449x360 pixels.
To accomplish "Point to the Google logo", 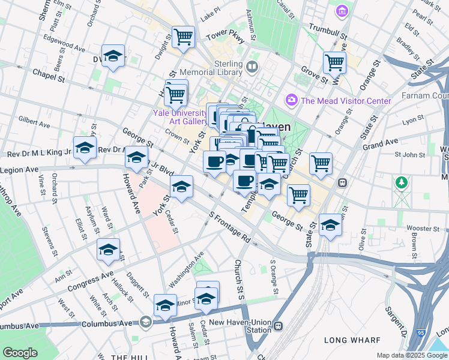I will point(19,353).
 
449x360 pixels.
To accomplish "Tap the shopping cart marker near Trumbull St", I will point(334,62).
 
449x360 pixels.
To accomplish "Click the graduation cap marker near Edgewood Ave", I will point(113,56).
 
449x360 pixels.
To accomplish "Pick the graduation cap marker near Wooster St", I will point(330,225).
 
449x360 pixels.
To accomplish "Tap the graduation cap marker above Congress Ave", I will point(108,250).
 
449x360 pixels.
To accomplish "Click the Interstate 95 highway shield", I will point(420,331).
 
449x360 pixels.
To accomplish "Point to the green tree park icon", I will point(400,182).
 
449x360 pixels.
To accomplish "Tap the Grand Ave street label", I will point(381,144).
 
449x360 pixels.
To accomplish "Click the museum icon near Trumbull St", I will point(342,11).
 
